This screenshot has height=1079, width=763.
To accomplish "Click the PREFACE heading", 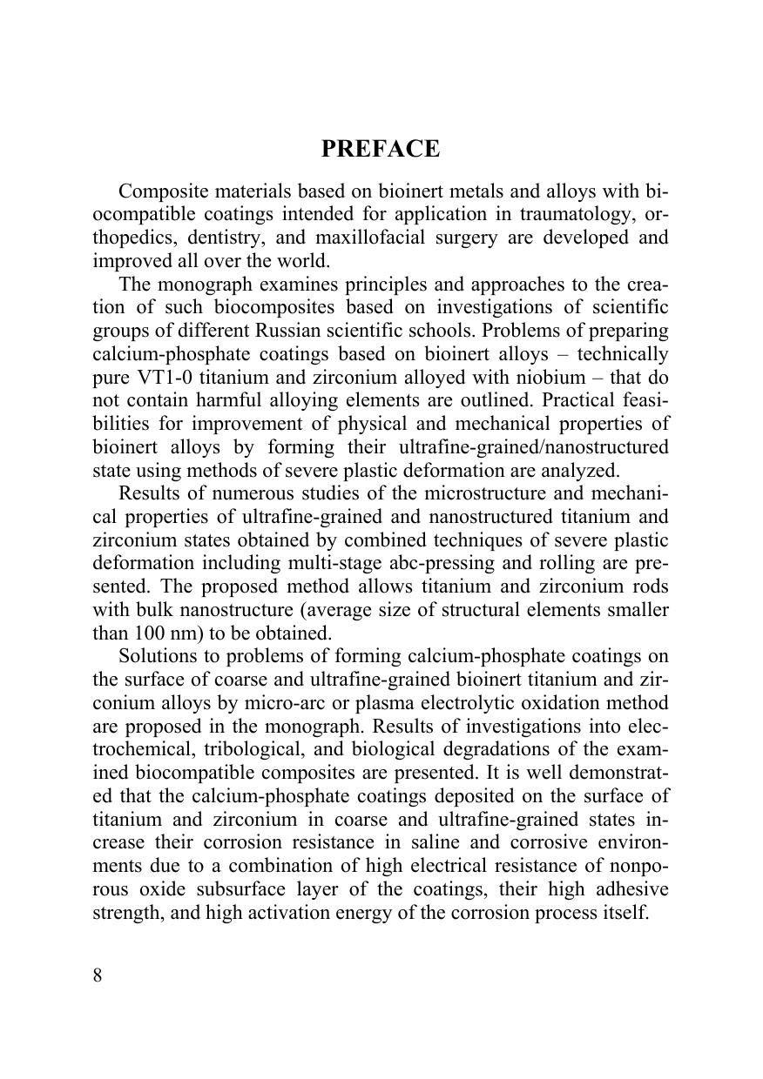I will [381, 149].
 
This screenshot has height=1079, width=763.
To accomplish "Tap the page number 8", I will [98, 975].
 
